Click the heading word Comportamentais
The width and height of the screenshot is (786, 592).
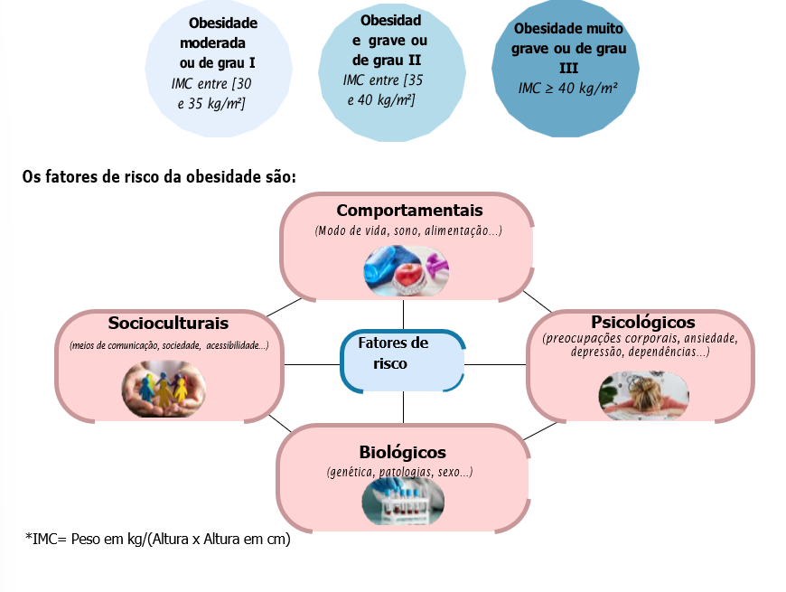tap(409, 211)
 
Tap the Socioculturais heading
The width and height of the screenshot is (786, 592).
tap(168, 323)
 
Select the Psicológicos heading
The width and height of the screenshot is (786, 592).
tap(642, 322)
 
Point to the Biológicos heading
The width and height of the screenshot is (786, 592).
tap(402, 452)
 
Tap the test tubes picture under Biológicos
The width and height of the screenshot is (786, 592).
tap(403, 502)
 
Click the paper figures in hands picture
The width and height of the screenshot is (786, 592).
tap(164, 388)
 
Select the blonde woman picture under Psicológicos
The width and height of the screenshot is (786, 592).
tap(643, 394)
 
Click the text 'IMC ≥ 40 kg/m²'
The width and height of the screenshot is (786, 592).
tap(567, 88)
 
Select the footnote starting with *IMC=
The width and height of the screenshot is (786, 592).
tap(158, 540)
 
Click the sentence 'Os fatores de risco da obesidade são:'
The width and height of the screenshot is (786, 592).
tap(159, 175)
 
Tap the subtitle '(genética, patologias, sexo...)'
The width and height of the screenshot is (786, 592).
tap(399, 473)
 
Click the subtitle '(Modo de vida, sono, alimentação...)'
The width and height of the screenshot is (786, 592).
tap(408, 230)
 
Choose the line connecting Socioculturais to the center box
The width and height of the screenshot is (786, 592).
tap(312, 364)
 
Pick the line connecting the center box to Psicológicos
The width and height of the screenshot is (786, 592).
tap(496, 364)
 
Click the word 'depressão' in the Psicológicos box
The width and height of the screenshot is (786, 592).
tap(603, 352)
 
